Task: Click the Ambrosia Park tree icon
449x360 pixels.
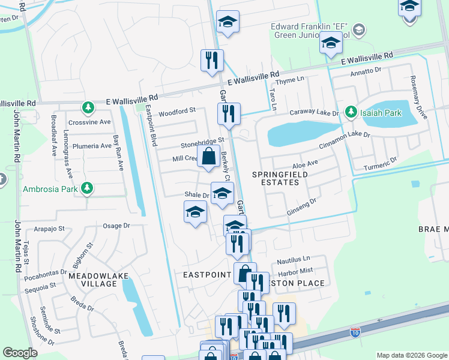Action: point(88,188)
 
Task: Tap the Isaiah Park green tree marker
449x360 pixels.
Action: point(349,112)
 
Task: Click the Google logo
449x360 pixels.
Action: point(20,352)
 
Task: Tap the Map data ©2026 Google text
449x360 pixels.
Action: point(411,355)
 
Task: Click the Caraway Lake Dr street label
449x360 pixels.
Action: point(315,113)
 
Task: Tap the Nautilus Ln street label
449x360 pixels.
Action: point(293,261)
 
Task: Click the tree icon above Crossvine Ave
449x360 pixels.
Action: point(89,107)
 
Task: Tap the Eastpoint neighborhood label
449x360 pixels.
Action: point(207,274)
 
